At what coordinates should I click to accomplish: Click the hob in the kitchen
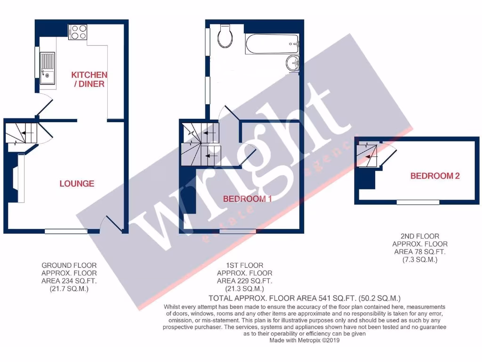78,32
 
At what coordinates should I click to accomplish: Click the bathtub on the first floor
272,45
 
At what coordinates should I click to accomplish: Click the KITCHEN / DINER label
89,79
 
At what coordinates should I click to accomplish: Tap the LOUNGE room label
77,183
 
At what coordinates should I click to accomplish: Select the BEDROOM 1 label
248,199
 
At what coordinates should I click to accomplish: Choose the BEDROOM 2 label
434,176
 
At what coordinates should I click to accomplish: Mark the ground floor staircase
21,133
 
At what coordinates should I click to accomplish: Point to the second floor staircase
368,156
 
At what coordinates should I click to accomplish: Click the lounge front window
66,231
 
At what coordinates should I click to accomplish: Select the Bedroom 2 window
418,202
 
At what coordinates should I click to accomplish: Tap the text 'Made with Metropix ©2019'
304,340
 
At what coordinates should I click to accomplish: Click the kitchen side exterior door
43,104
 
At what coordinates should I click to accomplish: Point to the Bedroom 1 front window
238,231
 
